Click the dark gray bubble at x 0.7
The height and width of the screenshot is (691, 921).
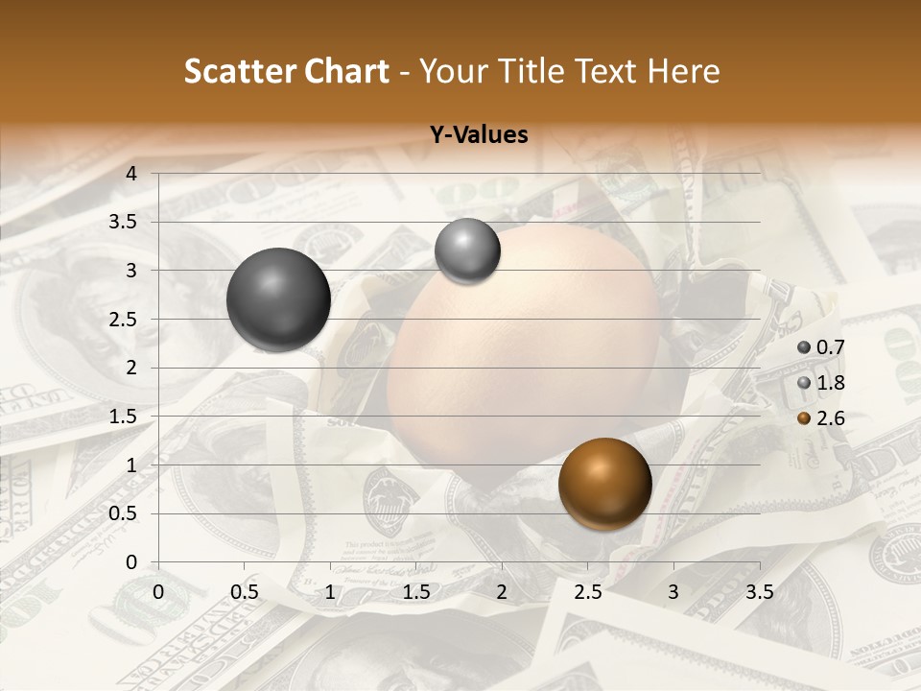[278, 299]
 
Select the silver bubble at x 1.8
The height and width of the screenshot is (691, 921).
[467, 251]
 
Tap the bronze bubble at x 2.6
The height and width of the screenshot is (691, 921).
[604, 484]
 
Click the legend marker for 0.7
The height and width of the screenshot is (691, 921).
[804, 347]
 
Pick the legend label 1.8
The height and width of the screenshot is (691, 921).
[830, 383]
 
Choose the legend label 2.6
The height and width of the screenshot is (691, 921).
[830, 418]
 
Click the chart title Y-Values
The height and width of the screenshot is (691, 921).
[479, 135]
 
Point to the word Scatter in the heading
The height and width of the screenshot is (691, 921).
[240, 71]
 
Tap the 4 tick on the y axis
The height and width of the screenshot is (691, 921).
[131, 174]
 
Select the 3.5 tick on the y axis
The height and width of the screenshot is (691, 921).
[123, 222]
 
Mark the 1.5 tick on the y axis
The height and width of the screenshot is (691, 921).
[123, 417]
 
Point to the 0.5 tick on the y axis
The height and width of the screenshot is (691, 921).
[123, 513]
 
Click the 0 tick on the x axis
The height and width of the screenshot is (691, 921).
[158, 592]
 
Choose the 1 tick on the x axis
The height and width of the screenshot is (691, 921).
[330, 592]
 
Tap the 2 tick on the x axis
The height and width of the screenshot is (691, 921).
[502, 592]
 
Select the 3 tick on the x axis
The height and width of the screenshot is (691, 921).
[673, 592]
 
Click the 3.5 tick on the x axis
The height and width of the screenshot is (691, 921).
[759, 592]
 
